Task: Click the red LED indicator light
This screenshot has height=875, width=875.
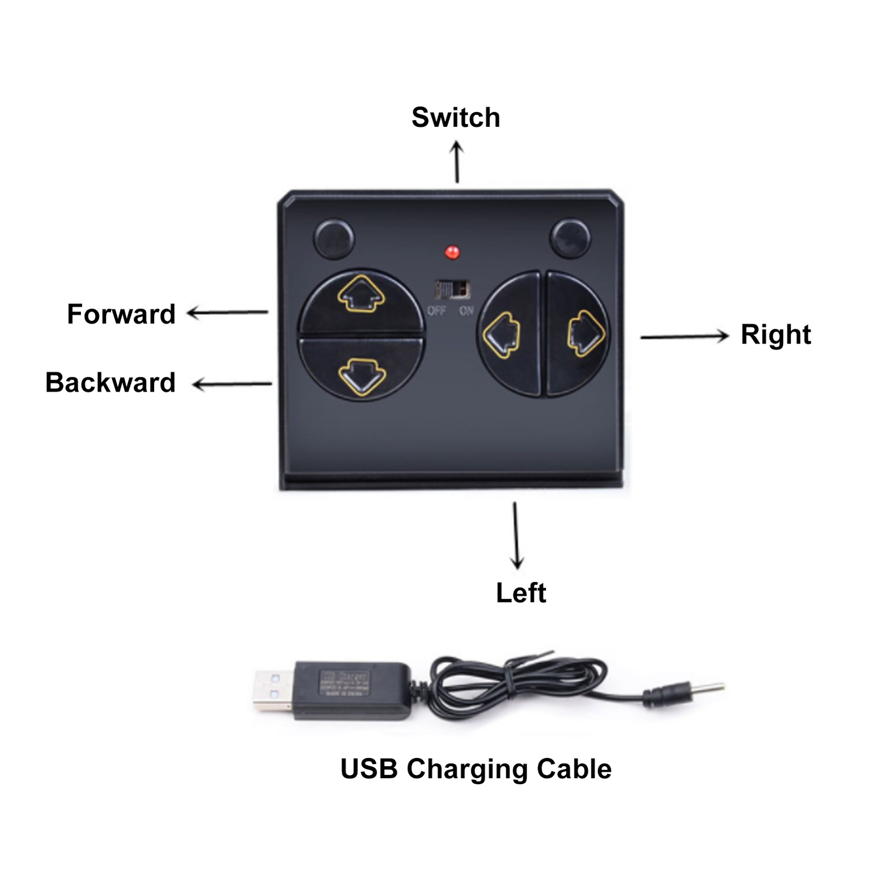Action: (x=452, y=252)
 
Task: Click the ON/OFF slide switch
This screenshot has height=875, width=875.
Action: (x=452, y=289)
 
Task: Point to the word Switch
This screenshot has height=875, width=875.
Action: (x=456, y=118)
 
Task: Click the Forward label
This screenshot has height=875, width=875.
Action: (x=121, y=314)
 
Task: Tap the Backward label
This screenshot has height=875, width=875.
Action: (x=110, y=382)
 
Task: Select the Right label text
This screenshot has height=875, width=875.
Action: (x=775, y=335)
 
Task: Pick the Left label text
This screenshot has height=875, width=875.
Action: (x=521, y=593)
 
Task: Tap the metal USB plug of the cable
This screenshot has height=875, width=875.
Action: (x=272, y=690)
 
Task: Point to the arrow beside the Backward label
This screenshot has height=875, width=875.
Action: (x=232, y=384)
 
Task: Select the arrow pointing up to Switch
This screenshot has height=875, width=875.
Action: (x=457, y=162)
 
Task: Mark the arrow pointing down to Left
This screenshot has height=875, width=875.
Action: (x=516, y=535)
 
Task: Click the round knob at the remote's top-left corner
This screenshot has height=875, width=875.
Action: (x=334, y=238)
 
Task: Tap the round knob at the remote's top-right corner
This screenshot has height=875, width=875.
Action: (x=570, y=238)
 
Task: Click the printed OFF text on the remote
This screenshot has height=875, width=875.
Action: (x=436, y=311)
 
